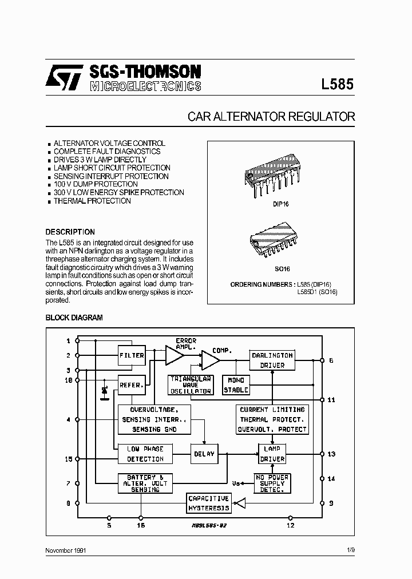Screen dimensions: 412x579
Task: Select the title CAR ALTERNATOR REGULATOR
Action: tap(271, 117)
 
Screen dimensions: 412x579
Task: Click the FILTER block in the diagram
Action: tap(132, 355)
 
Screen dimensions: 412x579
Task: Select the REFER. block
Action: tap(131, 385)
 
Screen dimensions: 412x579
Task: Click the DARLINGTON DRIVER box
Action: tap(272, 360)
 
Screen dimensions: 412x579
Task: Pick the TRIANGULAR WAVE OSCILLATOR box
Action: tap(191, 385)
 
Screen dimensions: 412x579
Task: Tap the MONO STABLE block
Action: tap(236, 385)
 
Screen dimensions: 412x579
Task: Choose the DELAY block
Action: tap(204, 454)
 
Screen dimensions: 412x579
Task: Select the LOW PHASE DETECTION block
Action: tap(145, 454)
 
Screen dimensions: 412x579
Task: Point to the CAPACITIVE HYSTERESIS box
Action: tap(209, 503)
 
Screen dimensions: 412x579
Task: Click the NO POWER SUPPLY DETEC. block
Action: tap(272, 483)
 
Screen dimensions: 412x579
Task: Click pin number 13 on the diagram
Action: tap(331, 454)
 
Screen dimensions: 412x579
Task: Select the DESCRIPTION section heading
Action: tap(70, 232)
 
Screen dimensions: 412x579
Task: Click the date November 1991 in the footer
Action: tap(66, 550)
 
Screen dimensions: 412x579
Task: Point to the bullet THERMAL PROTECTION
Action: tap(92, 201)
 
